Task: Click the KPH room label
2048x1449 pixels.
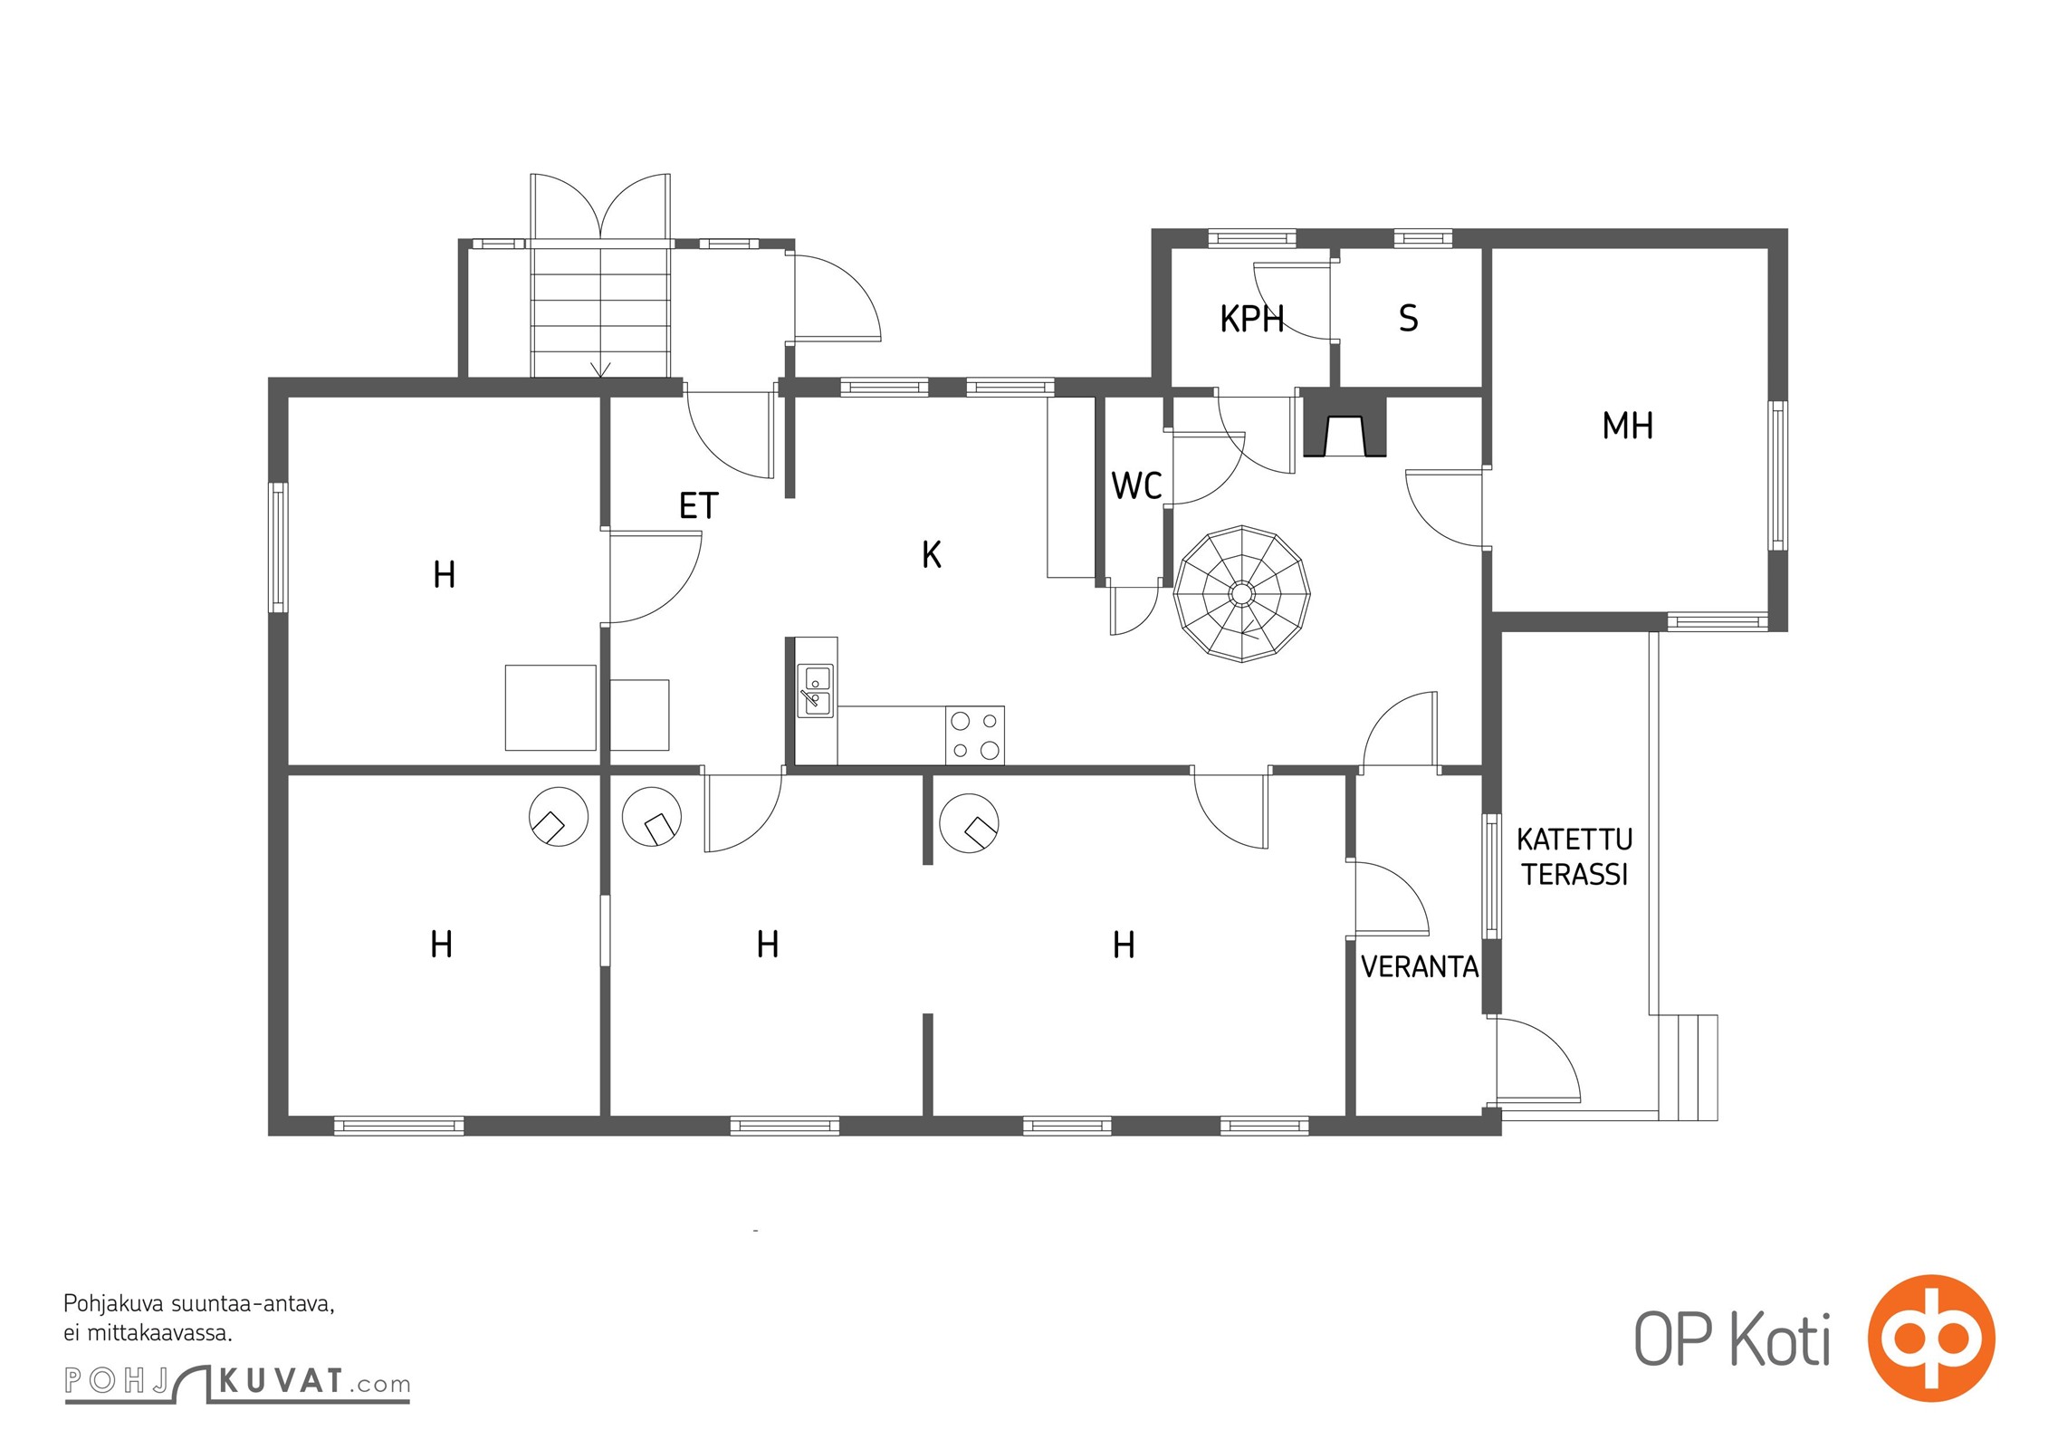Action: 1252,319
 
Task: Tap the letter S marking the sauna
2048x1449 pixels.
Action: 1408,319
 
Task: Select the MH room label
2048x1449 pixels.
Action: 1628,426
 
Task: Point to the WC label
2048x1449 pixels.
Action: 1136,486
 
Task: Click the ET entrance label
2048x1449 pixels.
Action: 698,506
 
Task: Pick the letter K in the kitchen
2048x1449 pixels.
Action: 932,554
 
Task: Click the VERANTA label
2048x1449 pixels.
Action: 1420,967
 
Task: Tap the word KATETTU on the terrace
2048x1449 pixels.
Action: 1574,840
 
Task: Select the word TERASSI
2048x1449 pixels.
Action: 1574,875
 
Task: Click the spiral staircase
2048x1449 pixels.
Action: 1242,594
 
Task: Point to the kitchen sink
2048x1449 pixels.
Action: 815,691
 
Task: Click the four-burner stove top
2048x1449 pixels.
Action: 975,735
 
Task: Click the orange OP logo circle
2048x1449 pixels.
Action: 1931,1338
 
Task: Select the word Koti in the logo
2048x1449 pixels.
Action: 1781,1339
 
